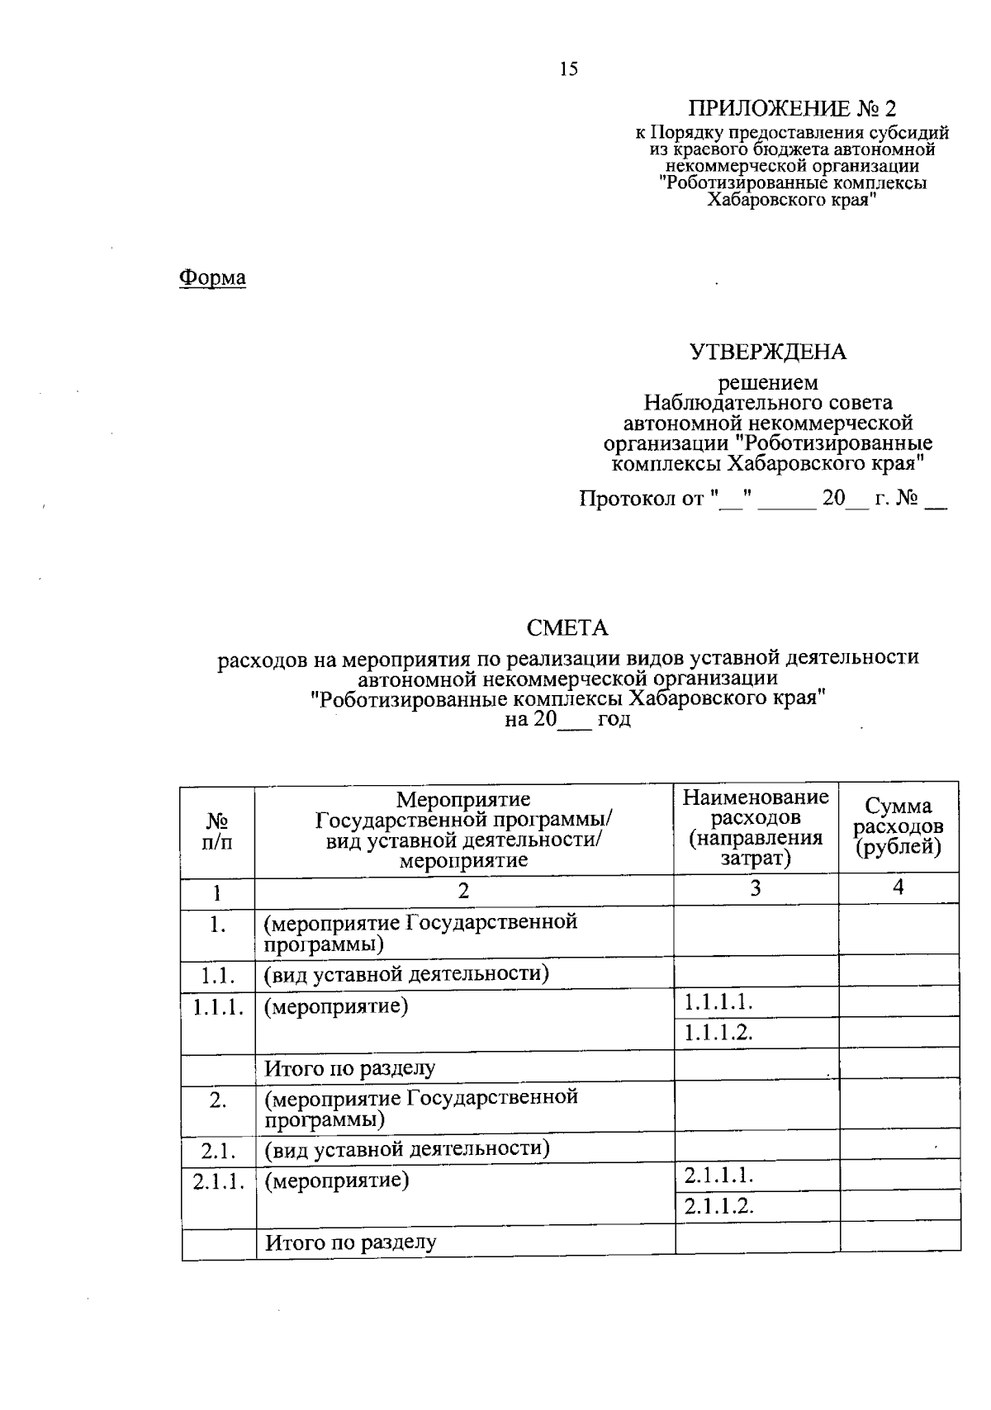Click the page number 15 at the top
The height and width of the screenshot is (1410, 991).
coord(568,69)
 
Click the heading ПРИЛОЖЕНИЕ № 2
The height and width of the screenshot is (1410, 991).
coord(792,109)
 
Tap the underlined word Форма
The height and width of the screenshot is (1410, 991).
coord(213,277)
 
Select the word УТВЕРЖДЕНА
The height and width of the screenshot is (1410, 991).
coord(768,352)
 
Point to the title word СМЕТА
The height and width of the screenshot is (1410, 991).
coord(567,628)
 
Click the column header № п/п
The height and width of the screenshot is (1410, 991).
coord(217,831)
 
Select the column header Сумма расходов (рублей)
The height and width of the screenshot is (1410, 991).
coord(899,826)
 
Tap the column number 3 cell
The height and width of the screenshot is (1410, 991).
coord(756,888)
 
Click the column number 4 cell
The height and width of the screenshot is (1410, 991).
coord(899,887)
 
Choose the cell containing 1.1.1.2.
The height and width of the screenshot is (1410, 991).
coord(718,1033)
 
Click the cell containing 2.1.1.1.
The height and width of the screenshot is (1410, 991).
coord(718,1176)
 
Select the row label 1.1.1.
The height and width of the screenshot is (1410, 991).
coord(218,1007)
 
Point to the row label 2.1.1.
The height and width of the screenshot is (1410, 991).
coord(219,1181)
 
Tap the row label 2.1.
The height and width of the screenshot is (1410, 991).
coord(219,1150)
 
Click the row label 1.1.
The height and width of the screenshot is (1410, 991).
coord(218,976)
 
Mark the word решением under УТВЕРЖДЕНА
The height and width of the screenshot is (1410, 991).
coord(768,384)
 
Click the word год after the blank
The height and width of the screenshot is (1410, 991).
coord(614,719)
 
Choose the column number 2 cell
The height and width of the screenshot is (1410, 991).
coord(463,890)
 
